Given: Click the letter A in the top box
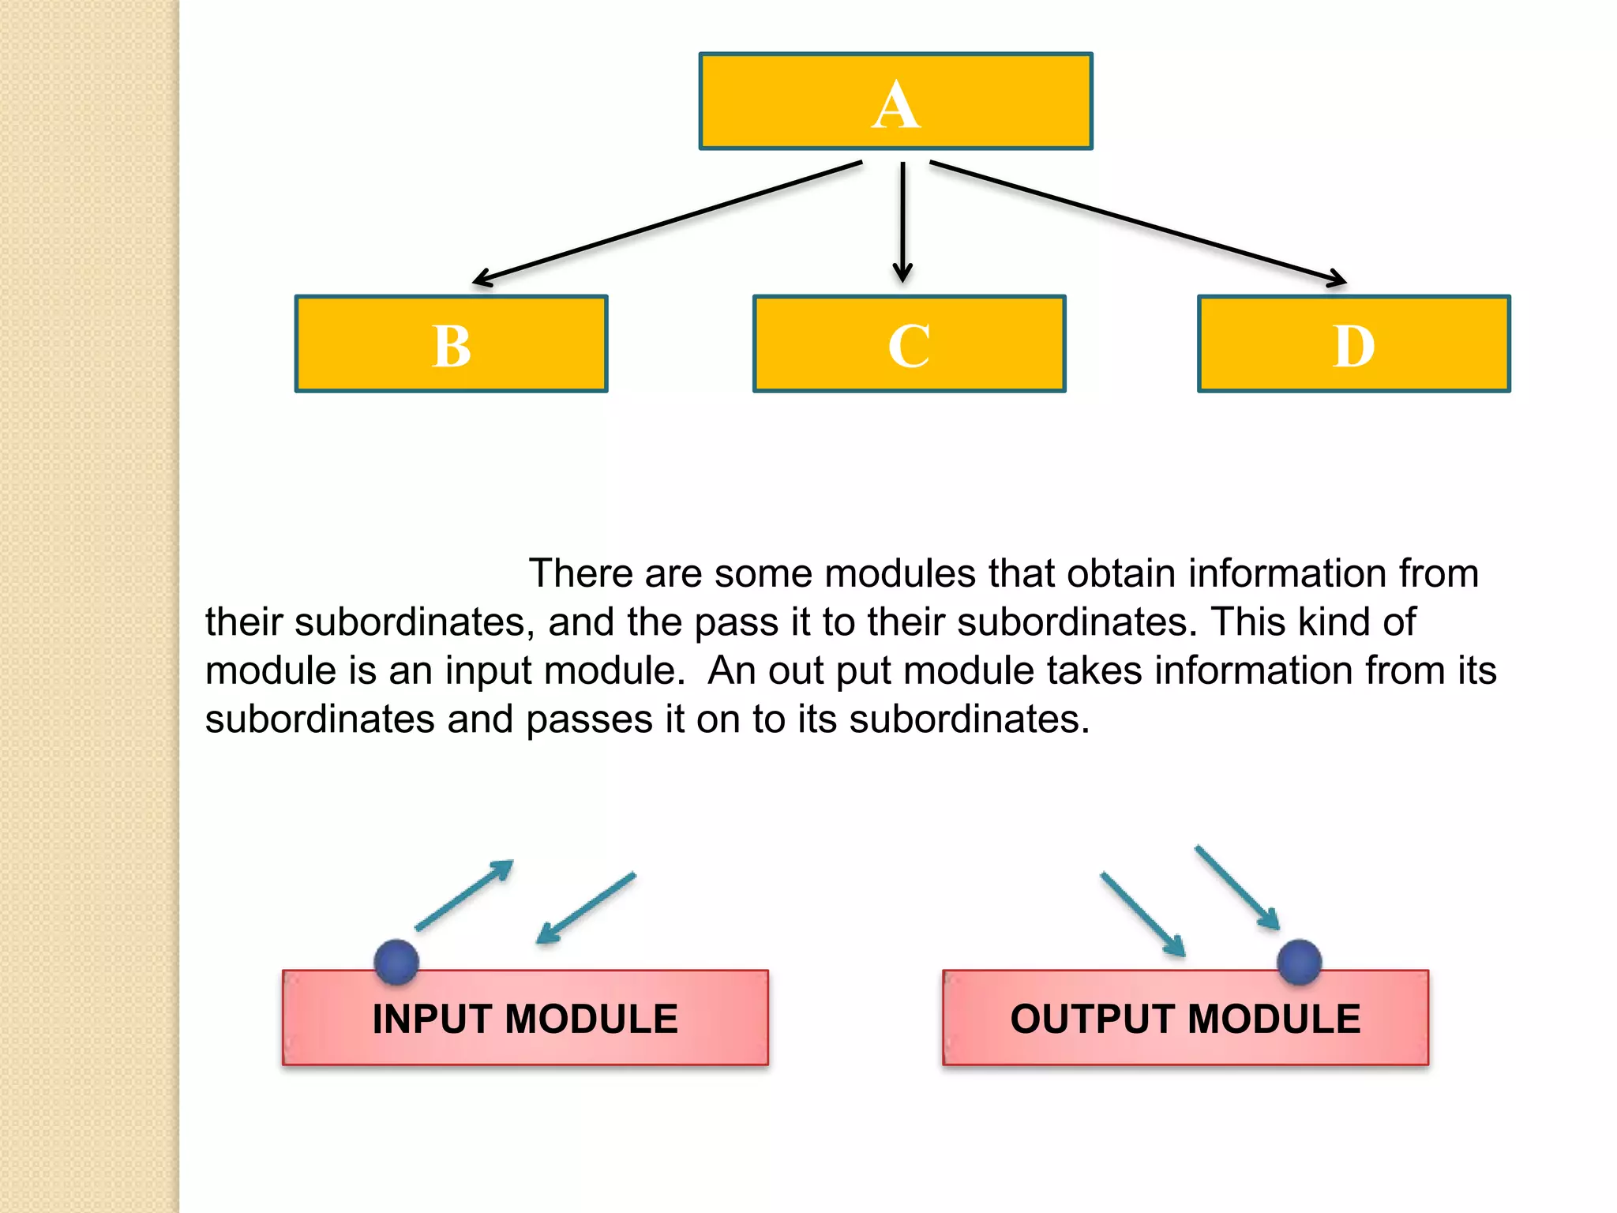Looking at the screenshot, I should coord(896,105).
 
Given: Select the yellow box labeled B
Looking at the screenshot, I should coord(451,344).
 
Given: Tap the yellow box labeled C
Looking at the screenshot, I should coord(909,344).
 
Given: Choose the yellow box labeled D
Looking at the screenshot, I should coord(1353,344).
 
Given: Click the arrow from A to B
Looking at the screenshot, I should coord(667,223).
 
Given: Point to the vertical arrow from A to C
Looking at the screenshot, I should coord(902,221).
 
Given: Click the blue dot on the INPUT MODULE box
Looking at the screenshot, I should coord(396,962).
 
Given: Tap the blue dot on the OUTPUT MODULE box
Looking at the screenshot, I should coord(1299,962).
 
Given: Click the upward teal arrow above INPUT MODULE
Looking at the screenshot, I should coord(464,896).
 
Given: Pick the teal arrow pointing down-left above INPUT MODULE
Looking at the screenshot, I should coord(586,908).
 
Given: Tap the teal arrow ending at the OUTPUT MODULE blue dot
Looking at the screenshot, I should coord(1237,888).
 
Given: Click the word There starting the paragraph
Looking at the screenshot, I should coord(580,573).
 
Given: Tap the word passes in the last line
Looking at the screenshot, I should coord(589,719).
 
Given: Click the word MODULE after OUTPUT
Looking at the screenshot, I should coord(1274,1019).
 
